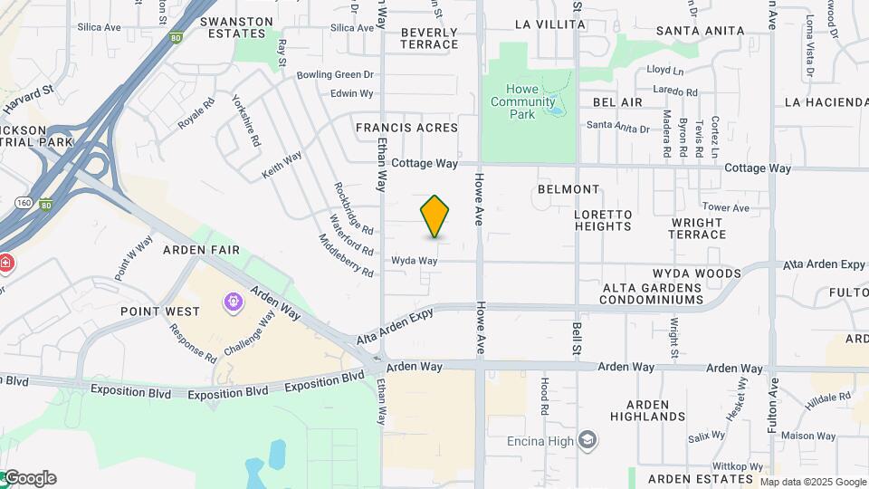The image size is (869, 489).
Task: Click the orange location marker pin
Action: (x=435, y=216)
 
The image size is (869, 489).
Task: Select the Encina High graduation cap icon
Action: (x=588, y=441)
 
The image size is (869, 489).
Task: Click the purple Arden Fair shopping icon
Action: (x=234, y=300)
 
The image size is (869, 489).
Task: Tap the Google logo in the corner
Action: (x=29, y=478)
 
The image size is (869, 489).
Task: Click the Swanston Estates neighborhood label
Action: (x=236, y=27)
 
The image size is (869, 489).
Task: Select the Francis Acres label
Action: (x=406, y=128)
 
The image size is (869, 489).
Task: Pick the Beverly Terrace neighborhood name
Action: (x=429, y=38)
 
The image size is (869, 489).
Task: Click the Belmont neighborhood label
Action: (x=568, y=189)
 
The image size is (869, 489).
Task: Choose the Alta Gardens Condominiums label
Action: (x=653, y=293)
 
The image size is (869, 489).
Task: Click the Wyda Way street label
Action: (x=415, y=261)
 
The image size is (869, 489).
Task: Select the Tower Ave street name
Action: (x=726, y=207)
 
